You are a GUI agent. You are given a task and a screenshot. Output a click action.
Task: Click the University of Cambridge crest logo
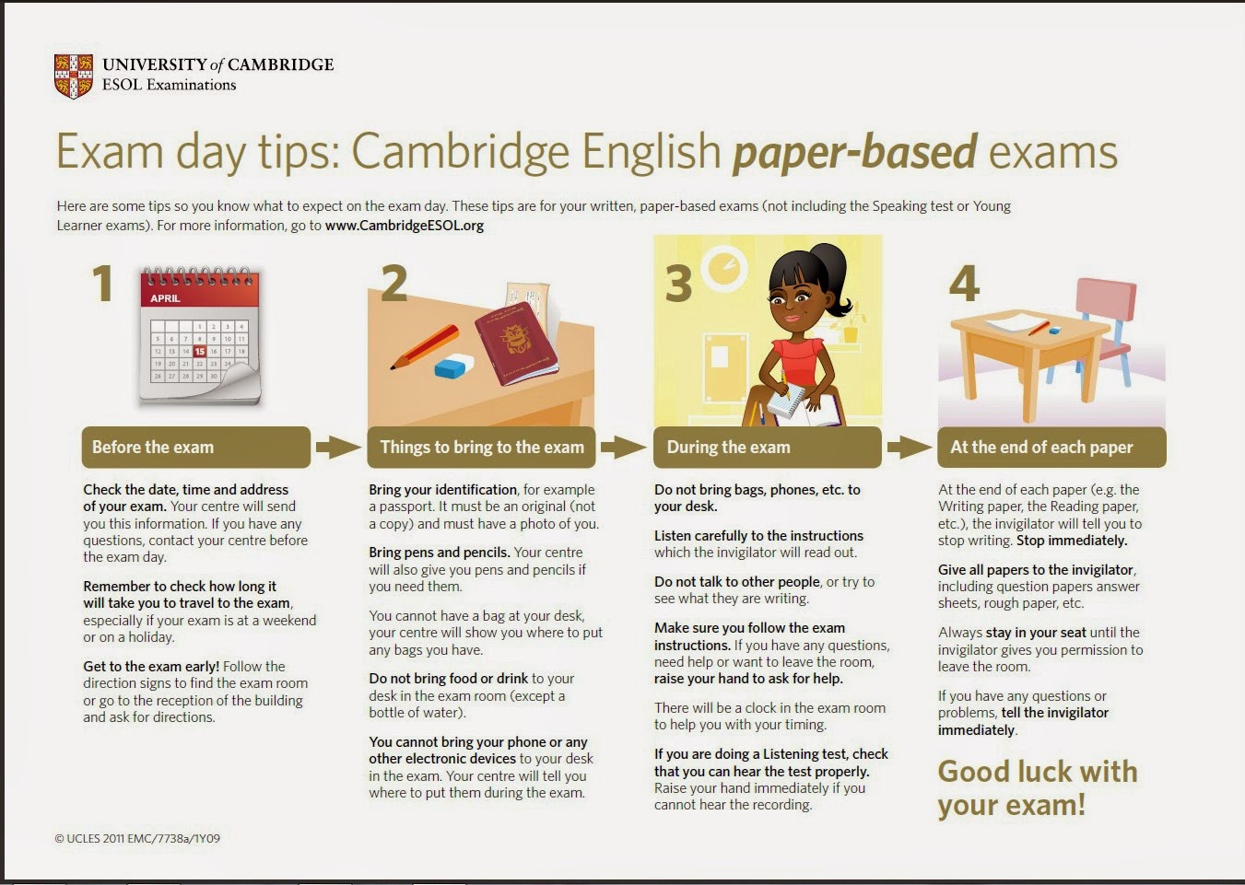(x=74, y=76)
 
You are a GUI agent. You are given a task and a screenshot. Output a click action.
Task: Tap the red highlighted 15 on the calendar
(x=200, y=351)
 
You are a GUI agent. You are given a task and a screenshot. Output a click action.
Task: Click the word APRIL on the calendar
(x=165, y=298)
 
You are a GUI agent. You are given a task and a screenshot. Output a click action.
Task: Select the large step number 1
(x=103, y=284)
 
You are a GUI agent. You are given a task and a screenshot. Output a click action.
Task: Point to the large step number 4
(x=964, y=283)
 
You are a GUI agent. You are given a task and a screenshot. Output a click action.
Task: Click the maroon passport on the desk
(x=516, y=345)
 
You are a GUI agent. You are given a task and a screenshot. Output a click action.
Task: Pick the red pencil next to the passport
(x=425, y=347)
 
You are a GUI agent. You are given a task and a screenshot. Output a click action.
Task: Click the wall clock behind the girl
(x=724, y=269)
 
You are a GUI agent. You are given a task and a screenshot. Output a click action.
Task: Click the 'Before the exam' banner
(x=195, y=448)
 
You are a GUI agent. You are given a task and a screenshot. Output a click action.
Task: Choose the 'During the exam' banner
(x=767, y=448)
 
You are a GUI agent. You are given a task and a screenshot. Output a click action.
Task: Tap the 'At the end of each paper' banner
(x=1051, y=448)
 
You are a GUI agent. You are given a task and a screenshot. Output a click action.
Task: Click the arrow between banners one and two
(x=338, y=448)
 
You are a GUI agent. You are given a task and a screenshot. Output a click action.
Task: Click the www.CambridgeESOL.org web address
(x=404, y=226)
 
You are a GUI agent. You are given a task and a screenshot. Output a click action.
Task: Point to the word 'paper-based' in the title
(x=854, y=152)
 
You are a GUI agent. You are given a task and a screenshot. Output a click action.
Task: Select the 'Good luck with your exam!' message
(x=1037, y=788)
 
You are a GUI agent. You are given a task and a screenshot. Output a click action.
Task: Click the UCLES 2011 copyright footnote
(x=137, y=838)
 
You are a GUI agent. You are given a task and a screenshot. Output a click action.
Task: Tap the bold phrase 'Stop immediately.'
(x=1072, y=541)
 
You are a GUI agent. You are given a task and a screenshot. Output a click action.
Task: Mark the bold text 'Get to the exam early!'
(x=151, y=666)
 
